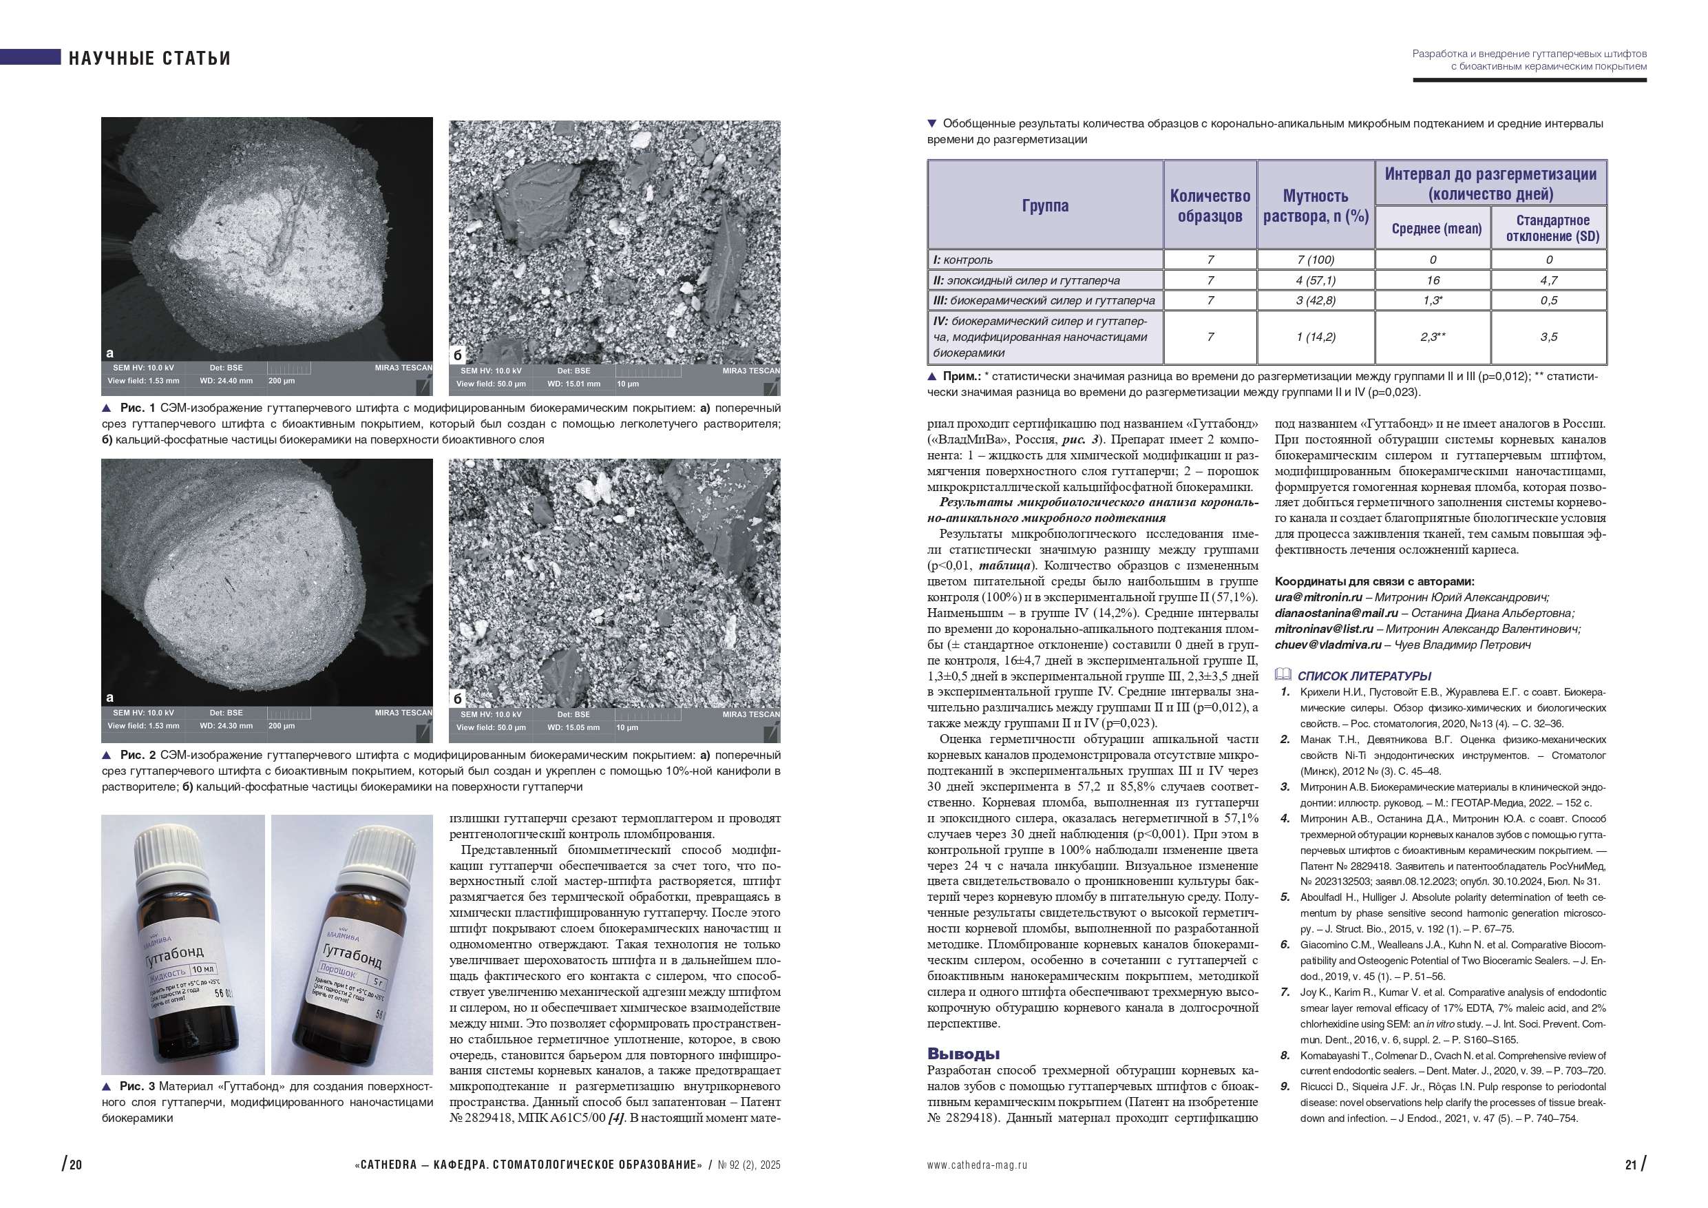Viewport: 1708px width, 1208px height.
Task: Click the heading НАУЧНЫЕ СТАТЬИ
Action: click(x=149, y=58)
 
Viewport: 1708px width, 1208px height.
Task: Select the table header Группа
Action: click(x=1044, y=205)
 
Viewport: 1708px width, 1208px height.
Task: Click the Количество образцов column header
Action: click(x=1210, y=205)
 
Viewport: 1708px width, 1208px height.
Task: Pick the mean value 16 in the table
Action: click(x=1432, y=280)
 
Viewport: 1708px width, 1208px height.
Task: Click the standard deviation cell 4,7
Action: click(x=1548, y=280)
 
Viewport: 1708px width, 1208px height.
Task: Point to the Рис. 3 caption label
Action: click(x=137, y=1087)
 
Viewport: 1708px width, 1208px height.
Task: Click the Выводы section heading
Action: click(x=963, y=1053)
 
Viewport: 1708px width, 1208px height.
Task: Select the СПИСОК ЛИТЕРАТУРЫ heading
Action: click(x=1364, y=676)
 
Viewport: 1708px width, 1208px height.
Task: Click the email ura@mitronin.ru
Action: click(x=1318, y=597)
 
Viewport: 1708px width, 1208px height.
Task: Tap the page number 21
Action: click(x=1631, y=1165)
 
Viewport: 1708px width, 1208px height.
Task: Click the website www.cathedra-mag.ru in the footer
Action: click(x=977, y=1165)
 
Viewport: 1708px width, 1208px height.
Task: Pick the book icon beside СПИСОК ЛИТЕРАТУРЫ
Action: click(x=1283, y=674)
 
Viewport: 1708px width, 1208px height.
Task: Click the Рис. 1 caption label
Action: click(x=137, y=408)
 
